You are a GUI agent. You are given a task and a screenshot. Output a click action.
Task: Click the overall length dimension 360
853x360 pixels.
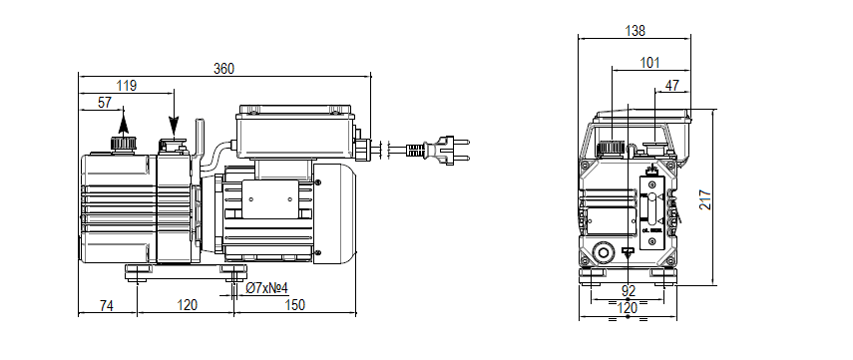(224, 68)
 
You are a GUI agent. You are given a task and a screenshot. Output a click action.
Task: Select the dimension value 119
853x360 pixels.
(127, 86)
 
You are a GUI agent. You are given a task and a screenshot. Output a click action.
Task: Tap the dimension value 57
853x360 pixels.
(105, 103)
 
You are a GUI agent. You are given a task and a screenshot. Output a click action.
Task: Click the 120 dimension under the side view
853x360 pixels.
(187, 304)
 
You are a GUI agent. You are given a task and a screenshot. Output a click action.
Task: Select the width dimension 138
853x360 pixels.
(634, 31)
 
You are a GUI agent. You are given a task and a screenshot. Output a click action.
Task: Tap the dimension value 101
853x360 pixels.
(649, 64)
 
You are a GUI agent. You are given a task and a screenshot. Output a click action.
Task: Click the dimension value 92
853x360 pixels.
(629, 291)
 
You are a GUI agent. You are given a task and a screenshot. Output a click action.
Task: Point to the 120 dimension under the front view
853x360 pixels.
(629, 308)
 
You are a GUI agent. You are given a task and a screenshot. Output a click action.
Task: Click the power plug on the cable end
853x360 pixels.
(449, 151)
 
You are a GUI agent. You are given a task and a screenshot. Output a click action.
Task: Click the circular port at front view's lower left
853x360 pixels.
(602, 251)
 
